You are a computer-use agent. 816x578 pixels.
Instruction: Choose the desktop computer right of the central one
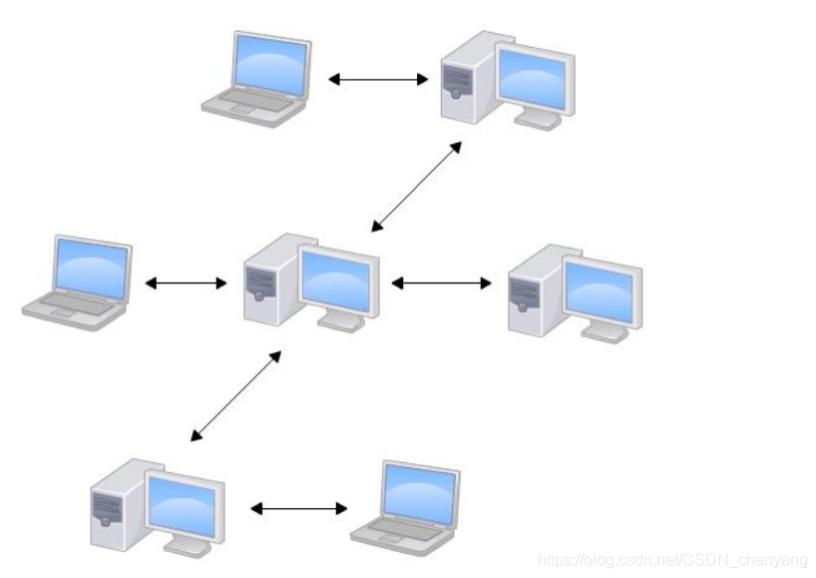pos(575,290)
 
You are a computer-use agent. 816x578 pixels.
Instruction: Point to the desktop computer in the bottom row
pos(157,504)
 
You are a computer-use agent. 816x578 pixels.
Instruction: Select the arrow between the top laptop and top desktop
pos(378,78)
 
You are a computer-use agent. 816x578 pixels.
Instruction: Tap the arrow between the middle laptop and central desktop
pos(187,284)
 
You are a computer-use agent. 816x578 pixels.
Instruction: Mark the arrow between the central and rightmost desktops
pos(441,284)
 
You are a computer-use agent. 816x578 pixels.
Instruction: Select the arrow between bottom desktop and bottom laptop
pos(299,509)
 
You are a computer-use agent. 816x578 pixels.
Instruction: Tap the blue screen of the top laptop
pos(269,62)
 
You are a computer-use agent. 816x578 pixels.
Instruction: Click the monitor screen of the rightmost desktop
pos(598,289)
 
